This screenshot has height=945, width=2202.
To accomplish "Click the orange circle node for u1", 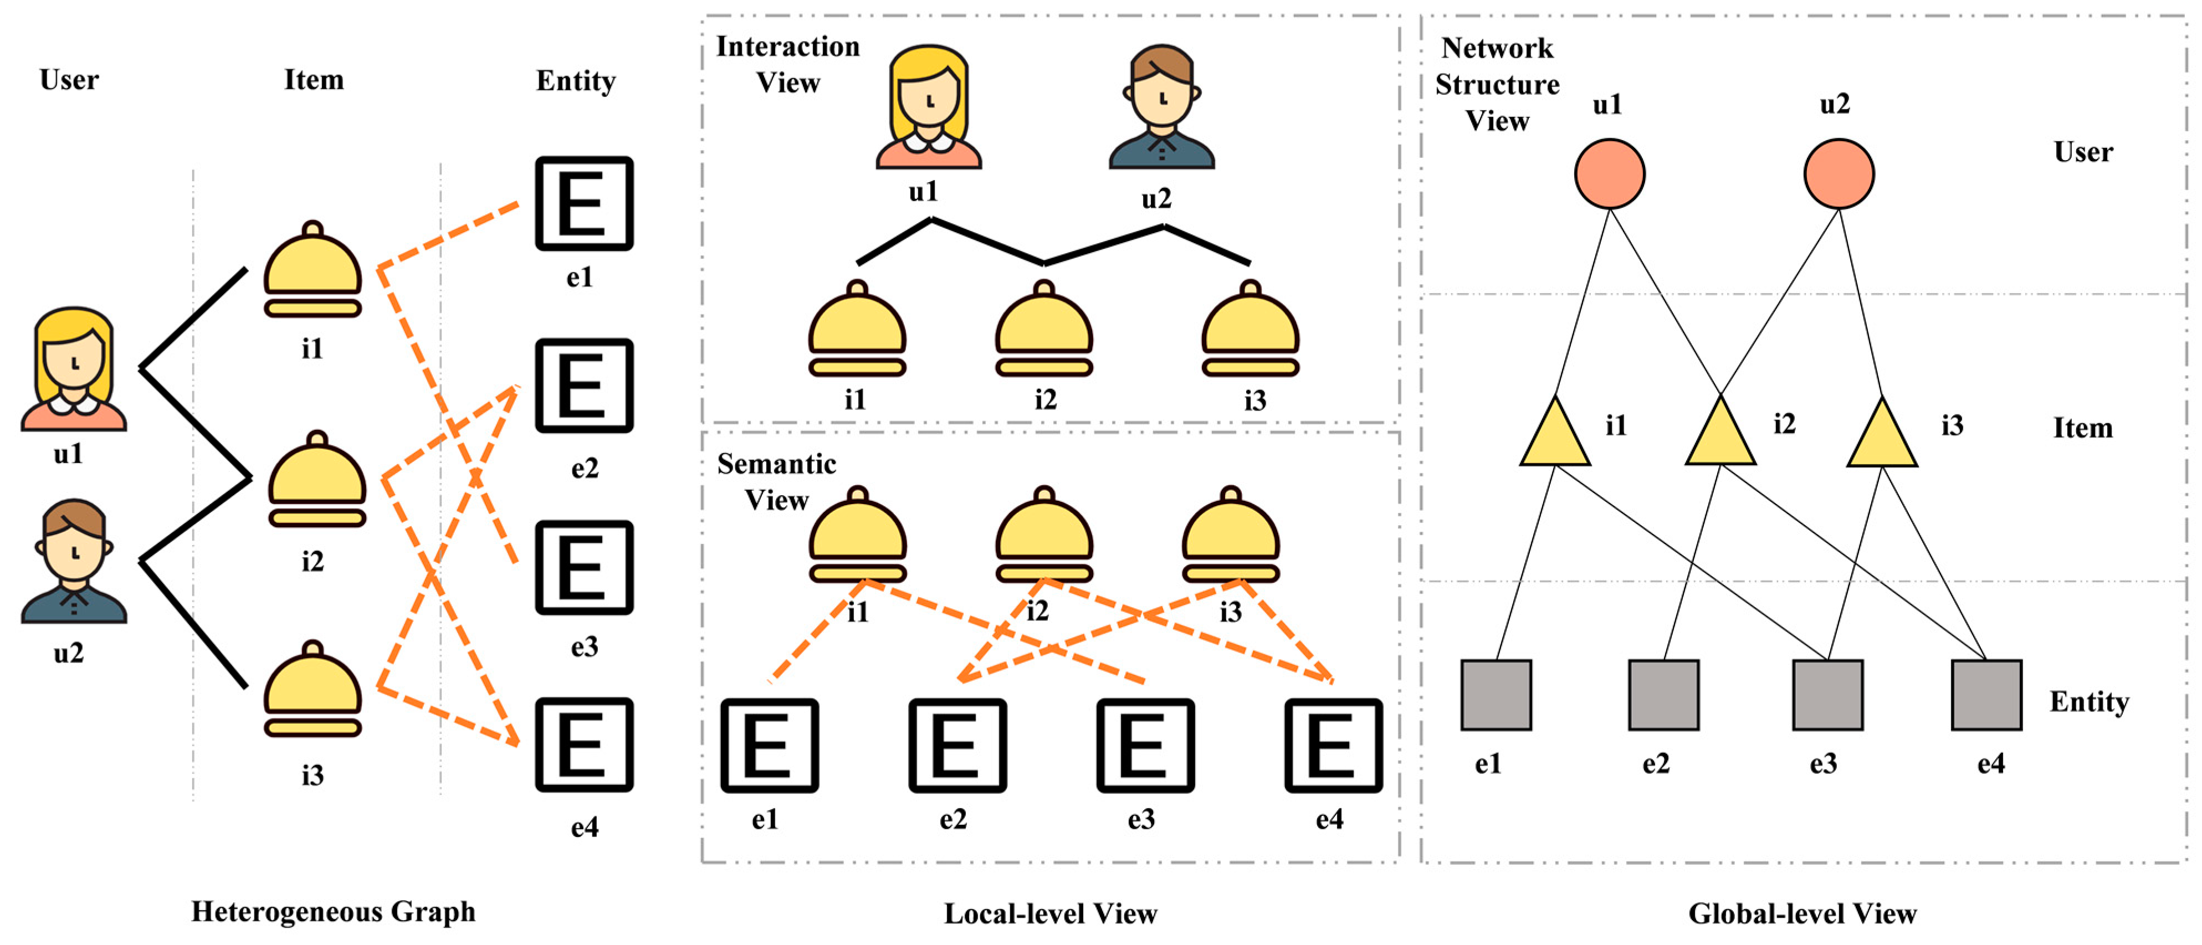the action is coord(1610,174).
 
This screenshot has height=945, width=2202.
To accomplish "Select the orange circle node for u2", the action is coord(1839,174).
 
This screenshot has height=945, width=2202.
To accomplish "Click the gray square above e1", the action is coord(1496,695).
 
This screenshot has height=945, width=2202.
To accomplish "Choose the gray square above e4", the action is coord(1986,695).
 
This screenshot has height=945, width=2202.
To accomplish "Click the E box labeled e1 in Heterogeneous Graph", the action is coord(584,203).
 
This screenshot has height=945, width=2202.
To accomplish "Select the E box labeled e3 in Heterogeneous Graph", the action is coord(584,567).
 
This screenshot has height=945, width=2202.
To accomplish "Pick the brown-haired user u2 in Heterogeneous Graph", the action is coord(74,561).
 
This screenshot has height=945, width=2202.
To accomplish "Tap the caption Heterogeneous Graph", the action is coord(334,912).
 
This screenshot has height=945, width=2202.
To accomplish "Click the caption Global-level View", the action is coord(1802,913).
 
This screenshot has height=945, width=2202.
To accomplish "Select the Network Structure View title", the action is coord(1497,84).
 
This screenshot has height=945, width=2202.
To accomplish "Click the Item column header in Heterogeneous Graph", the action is coord(314,79).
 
